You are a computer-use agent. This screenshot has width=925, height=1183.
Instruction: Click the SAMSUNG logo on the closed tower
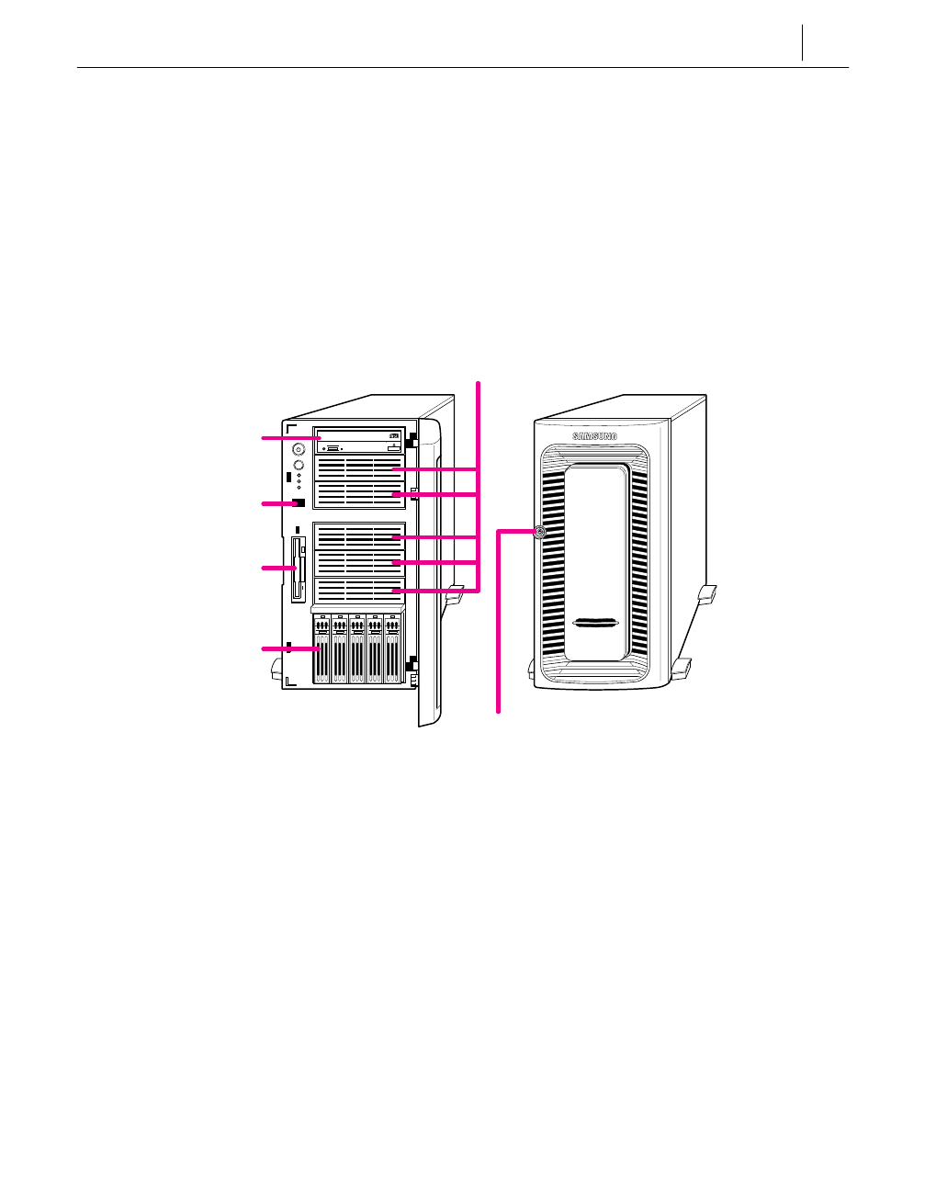[x=595, y=436]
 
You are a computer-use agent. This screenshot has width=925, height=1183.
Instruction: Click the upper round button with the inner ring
[x=298, y=450]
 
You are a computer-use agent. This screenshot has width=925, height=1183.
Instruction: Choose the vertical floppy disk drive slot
[x=297, y=569]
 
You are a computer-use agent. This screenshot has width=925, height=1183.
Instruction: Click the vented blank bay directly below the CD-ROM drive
[x=359, y=469]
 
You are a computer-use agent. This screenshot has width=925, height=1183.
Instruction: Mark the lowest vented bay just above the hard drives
[x=359, y=590]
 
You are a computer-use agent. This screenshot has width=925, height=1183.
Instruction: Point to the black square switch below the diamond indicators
[x=299, y=503]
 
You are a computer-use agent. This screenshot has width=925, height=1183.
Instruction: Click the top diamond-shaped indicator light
[x=299, y=477]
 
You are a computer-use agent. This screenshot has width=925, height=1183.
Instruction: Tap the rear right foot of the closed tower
[x=706, y=594]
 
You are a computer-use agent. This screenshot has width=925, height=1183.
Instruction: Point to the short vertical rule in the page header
[x=802, y=42]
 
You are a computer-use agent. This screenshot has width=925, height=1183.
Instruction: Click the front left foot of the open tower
[x=276, y=672]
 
